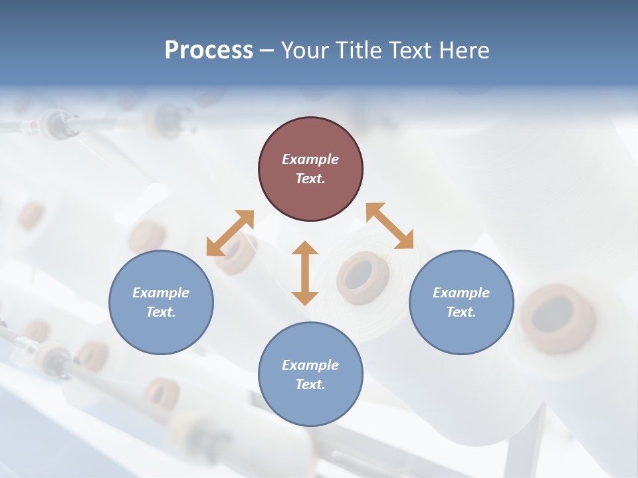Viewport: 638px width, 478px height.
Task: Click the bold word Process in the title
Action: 209,50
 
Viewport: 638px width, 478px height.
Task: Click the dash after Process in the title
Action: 266,50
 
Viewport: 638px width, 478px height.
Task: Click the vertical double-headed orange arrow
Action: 305,273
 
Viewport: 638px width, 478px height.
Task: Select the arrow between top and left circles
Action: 230,233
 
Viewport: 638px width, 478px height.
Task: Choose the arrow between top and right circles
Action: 389,226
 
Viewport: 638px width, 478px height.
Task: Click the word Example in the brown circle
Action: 310,159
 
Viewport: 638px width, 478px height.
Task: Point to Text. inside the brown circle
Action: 310,179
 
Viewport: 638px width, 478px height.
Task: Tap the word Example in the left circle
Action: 161,293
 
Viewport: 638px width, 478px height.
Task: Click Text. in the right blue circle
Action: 461,312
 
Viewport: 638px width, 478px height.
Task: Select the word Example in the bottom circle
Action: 310,365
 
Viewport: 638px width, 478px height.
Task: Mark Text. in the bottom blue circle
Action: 310,384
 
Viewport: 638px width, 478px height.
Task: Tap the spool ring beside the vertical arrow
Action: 358,274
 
